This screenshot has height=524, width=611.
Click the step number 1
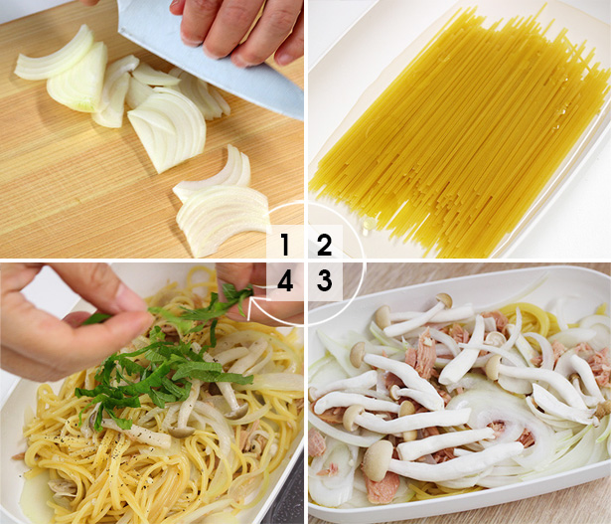pos(285,245)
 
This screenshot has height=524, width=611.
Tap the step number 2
pos(324,245)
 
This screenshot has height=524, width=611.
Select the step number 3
pos(324,281)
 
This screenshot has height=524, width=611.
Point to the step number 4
pos(285,281)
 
